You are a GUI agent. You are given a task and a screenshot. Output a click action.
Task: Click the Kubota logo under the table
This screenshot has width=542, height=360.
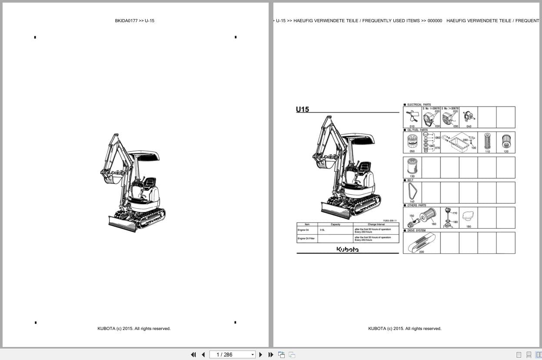[x=348, y=249]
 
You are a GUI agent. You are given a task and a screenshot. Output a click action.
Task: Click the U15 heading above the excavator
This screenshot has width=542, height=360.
[x=303, y=110]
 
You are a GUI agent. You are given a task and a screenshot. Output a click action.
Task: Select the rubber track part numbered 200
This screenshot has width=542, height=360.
[x=421, y=243]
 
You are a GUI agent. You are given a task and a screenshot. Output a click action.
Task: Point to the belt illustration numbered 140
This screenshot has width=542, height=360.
[x=412, y=191]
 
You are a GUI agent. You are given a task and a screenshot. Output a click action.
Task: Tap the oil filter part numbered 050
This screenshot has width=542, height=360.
[x=412, y=142]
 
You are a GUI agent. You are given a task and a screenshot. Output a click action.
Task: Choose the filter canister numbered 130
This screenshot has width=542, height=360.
[x=412, y=167]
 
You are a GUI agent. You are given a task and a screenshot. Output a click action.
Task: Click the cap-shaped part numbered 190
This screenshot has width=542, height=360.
[x=468, y=216]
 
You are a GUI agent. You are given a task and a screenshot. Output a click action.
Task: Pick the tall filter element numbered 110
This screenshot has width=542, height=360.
[x=487, y=141]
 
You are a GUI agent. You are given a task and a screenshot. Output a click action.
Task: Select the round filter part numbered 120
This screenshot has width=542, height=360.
[x=505, y=141]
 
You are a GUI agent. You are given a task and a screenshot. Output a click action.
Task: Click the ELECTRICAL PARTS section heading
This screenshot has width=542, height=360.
[x=419, y=105]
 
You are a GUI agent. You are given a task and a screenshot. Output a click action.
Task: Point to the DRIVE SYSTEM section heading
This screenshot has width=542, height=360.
[x=416, y=230]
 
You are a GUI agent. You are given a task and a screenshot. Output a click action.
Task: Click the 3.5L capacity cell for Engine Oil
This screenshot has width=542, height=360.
[x=323, y=230]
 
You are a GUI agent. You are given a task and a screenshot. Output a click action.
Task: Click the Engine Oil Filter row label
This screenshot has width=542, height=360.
[x=306, y=239]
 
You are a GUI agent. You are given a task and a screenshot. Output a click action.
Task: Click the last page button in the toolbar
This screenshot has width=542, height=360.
[x=271, y=355]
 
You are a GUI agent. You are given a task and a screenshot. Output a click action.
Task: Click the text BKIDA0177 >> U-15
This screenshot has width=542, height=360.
[x=135, y=20]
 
